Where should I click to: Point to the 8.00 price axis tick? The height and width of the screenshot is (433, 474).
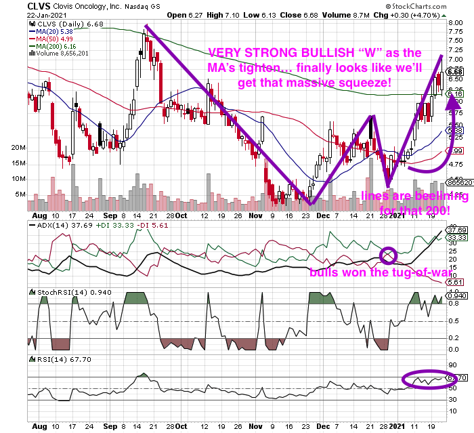[x=455, y=22]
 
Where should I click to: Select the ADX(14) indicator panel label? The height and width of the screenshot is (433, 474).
[x=51, y=226]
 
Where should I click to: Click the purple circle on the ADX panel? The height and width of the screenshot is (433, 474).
[x=388, y=255]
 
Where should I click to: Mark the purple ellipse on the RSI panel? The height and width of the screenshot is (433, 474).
[x=424, y=379]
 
